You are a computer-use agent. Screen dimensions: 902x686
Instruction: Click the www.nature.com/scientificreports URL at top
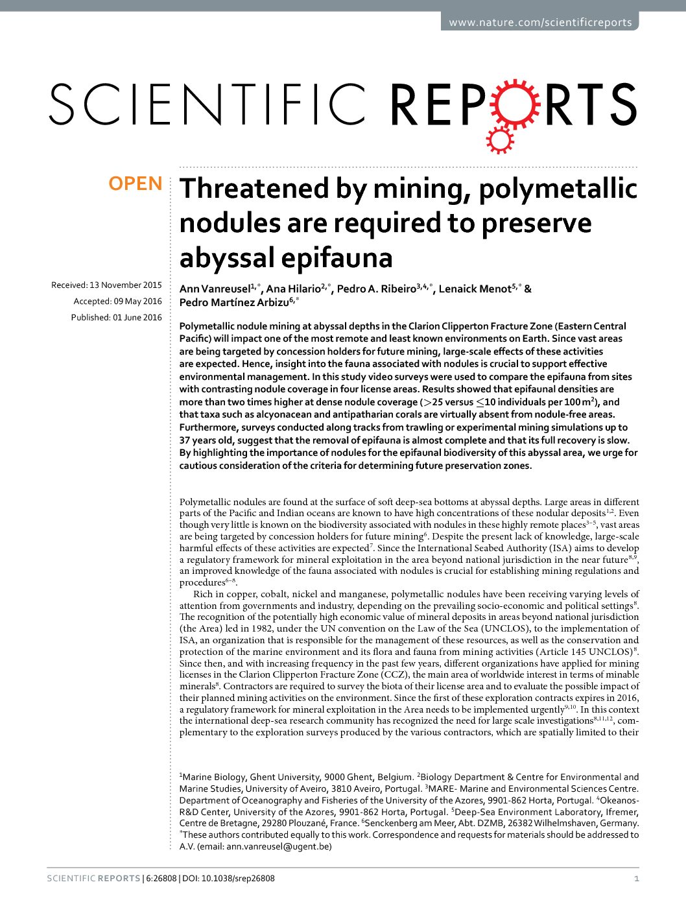pyautogui.click(x=540, y=23)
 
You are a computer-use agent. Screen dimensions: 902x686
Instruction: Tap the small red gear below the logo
pyautogui.click(x=499, y=139)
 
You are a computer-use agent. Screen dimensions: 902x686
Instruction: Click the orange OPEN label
pyautogui.click(x=136, y=184)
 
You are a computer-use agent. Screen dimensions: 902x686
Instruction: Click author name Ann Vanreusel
pyautogui.click(x=214, y=289)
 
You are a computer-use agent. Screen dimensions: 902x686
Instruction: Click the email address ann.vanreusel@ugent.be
pyautogui.click(x=279, y=846)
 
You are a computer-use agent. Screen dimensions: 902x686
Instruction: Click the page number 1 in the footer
pyautogui.click(x=636, y=879)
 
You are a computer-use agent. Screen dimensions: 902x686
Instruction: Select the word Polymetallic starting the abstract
pyautogui.click(x=205, y=326)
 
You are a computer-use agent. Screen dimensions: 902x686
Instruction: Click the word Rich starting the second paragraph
pyautogui.click(x=203, y=594)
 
